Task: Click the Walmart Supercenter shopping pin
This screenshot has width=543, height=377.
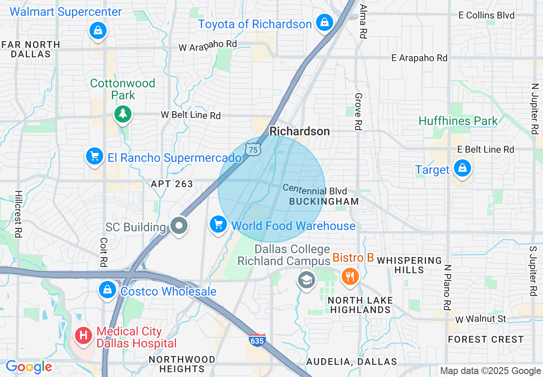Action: (98, 30)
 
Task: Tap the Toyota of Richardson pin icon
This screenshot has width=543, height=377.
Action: (325, 22)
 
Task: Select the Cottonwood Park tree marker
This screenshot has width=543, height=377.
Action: (123, 114)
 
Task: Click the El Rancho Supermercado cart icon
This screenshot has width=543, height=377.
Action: (95, 156)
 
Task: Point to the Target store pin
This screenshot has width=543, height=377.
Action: (462, 168)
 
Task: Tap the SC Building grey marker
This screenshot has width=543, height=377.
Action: (179, 225)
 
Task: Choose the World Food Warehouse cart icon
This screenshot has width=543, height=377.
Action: (218, 224)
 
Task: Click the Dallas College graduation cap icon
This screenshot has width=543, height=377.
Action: (306, 280)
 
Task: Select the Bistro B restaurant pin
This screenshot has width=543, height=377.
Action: (350, 277)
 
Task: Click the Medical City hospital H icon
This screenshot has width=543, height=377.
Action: (84, 335)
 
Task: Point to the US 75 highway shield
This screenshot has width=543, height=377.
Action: (253, 149)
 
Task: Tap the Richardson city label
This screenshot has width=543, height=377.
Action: (300, 131)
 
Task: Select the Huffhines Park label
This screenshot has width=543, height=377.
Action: (458, 121)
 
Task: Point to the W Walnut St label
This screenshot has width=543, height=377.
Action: (480, 319)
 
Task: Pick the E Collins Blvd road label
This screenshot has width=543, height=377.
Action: (486, 15)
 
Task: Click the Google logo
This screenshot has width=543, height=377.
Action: (29, 367)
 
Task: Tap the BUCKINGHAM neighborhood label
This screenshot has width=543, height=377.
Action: (324, 201)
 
